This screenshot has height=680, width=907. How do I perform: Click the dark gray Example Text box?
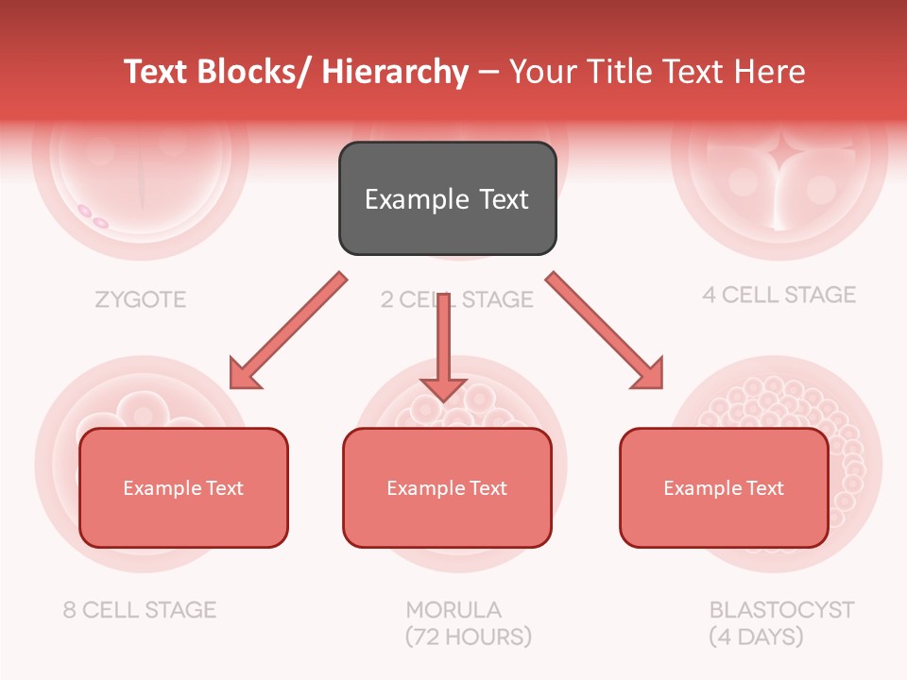point(447,198)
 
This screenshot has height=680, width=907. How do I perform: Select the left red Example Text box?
point(183,487)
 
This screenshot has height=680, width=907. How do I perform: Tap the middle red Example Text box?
point(447,487)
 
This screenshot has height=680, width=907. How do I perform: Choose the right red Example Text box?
point(724,487)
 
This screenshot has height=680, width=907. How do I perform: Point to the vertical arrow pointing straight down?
point(443,349)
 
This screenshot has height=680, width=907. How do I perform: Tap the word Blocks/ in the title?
point(254,72)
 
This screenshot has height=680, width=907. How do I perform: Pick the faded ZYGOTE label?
point(141,300)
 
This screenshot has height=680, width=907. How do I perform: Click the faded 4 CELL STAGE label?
point(779,295)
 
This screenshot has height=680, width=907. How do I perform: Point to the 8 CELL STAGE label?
point(140,609)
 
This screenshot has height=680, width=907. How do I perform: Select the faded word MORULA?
point(453,609)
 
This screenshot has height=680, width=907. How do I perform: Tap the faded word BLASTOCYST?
point(781,609)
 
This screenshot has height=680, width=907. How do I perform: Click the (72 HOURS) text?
point(468,637)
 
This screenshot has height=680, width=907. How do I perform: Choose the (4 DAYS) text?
point(756,637)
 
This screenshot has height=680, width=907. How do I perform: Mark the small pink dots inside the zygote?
point(93,216)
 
